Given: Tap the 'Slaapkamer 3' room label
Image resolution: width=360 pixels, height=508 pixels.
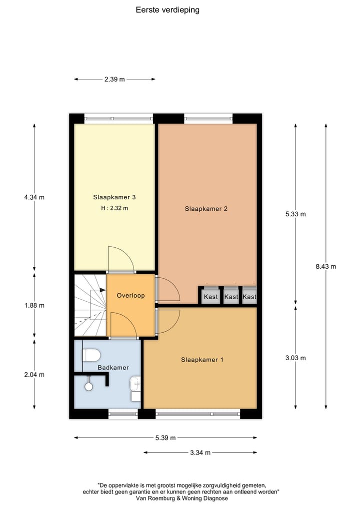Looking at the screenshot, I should [x=114, y=197].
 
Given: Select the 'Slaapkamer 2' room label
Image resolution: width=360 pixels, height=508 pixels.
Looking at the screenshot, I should [x=206, y=209].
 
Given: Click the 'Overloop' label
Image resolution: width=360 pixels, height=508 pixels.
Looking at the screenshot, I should [x=130, y=295].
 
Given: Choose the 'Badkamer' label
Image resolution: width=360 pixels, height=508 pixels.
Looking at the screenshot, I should [x=113, y=367].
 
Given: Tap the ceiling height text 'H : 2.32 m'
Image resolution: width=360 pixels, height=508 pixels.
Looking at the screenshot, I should [x=114, y=208].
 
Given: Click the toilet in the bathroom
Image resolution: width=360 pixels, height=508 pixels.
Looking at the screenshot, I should [x=91, y=355].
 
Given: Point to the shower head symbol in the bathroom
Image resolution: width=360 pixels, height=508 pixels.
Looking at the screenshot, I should [x=89, y=386].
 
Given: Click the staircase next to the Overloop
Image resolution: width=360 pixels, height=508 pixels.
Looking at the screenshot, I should [x=90, y=305].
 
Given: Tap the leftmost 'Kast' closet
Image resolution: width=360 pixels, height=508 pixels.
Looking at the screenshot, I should [x=210, y=297].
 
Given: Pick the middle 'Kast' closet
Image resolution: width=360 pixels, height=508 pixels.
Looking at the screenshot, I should [x=231, y=297].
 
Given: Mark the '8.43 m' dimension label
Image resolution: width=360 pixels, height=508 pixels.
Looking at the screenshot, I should [x=325, y=266].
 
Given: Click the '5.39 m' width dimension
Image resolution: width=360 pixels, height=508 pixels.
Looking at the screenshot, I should [x=165, y=438].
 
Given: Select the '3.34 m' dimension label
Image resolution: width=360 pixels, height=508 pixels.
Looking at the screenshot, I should [x=200, y=453].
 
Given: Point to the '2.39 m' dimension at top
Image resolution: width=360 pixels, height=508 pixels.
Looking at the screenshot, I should [x=114, y=79].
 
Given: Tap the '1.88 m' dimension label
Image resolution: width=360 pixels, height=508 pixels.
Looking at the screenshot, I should [x=34, y=305].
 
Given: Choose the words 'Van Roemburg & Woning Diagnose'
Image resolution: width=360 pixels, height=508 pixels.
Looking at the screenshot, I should [x=180, y=498].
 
